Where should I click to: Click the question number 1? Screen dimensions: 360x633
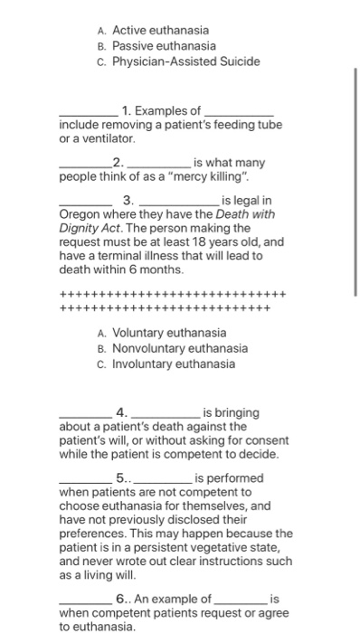(128, 111)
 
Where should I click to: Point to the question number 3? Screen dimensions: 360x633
(127, 200)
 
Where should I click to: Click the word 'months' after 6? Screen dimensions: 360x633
(164, 270)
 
